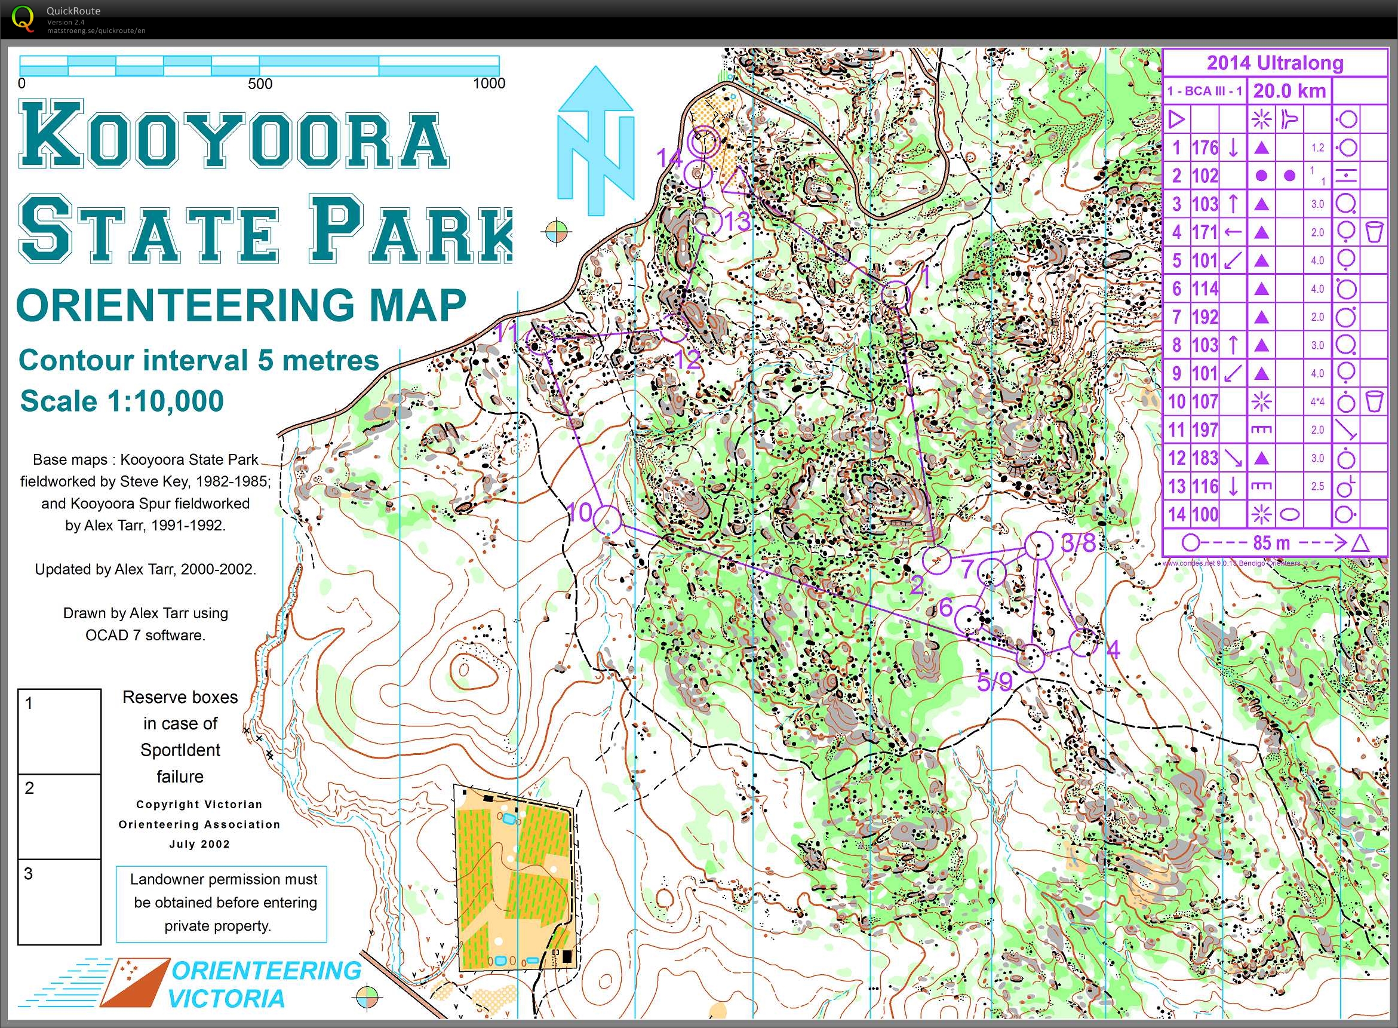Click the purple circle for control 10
coord(607,518)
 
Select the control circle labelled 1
coord(896,294)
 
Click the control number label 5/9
coord(994,682)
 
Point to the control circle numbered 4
coord(1083,642)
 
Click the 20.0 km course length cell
coord(1289,91)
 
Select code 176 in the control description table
coord(1205,148)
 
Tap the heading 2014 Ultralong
coord(1275,63)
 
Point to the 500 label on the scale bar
coord(260,84)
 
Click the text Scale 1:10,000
coord(122,401)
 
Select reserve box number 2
coord(59,816)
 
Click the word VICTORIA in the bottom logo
coord(226,999)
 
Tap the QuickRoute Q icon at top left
coord(23,17)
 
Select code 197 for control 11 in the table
coord(1205,430)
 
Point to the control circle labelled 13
coord(708,222)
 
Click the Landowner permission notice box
coord(222,903)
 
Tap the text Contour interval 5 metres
coord(198,360)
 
